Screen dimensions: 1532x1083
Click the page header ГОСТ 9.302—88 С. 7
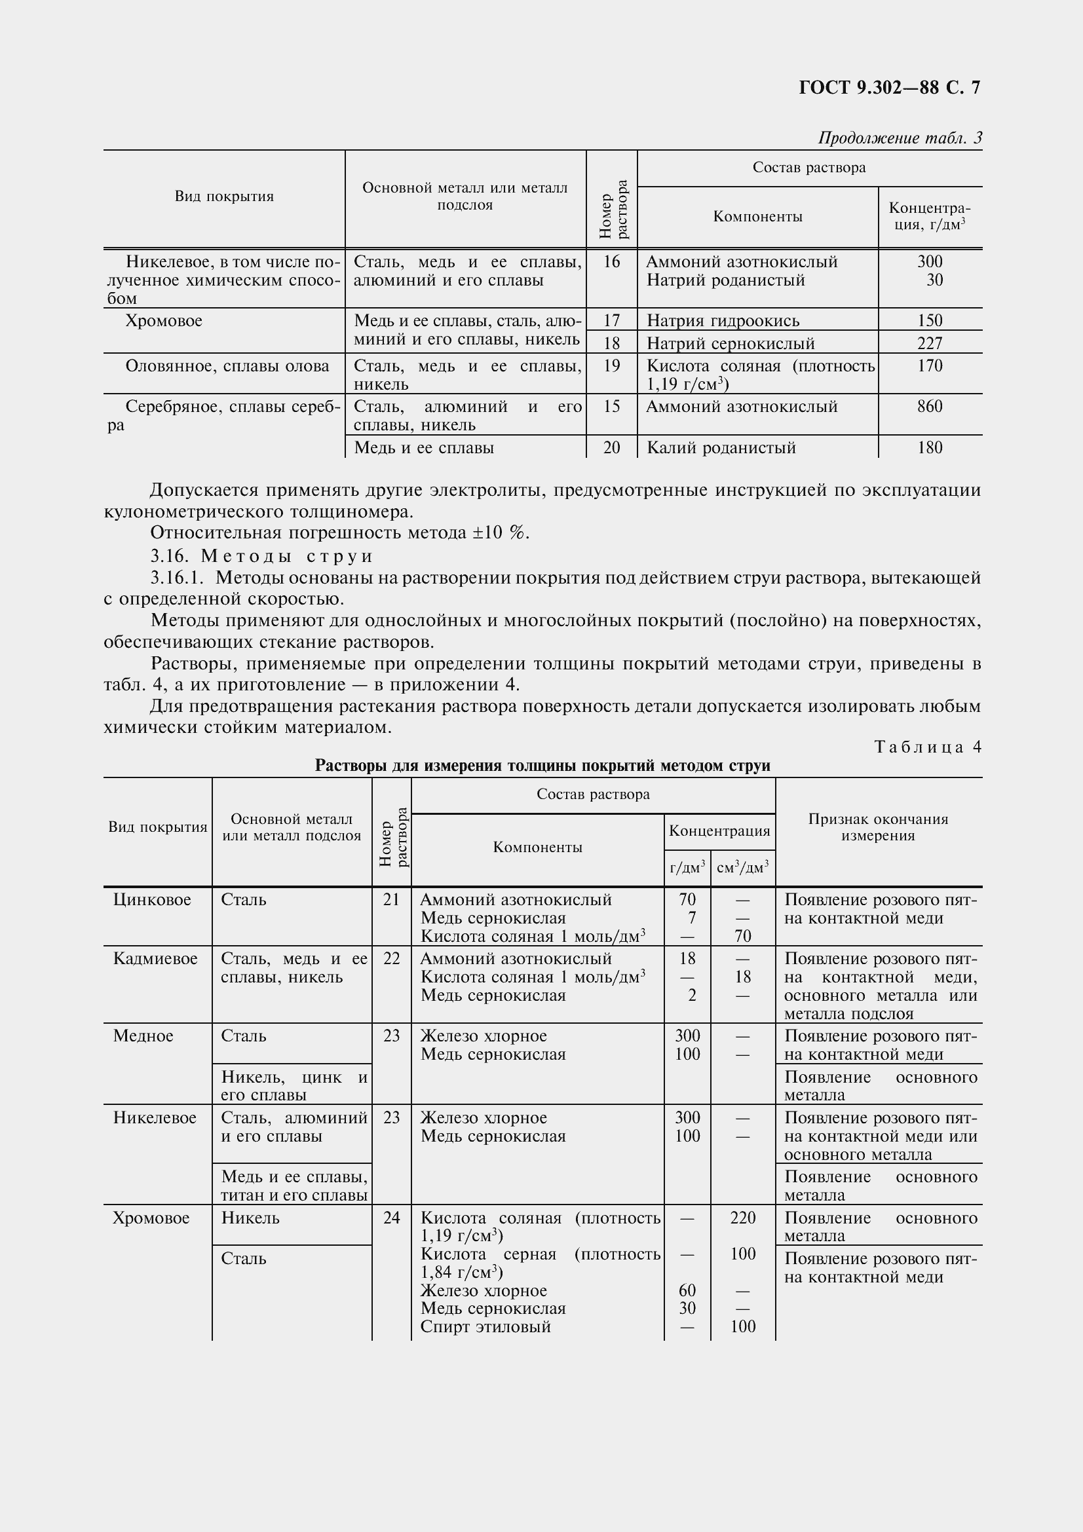[x=889, y=88]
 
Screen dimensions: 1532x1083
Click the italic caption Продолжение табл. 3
[x=900, y=138]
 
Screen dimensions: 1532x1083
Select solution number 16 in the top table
[x=611, y=261]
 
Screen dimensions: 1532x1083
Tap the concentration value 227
[x=930, y=343]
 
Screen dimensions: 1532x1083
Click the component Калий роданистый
[x=721, y=448]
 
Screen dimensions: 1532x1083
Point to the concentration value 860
[x=930, y=406]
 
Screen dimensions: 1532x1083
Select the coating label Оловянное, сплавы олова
[x=227, y=366]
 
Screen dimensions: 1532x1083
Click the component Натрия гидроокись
[x=723, y=321]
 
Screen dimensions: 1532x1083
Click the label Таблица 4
[x=928, y=747]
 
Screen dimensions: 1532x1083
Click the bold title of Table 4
[x=542, y=766]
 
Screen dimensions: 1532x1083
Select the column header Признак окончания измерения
[x=877, y=827]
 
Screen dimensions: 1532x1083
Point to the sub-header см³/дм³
[x=742, y=868]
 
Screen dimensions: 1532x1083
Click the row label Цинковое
[x=152, y=900]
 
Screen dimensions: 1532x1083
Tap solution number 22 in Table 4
[x=392, y=959]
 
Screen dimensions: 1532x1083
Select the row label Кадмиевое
[x=155, y=959]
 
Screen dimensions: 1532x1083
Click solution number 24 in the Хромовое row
[x=392, y=1218]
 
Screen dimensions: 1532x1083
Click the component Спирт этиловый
[x=485, y=1326]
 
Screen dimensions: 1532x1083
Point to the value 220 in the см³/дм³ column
[x=743, y=1218]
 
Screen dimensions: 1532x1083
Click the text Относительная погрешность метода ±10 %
[x=339, y=533]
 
